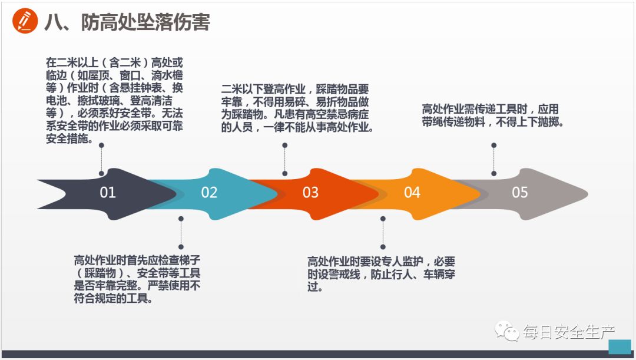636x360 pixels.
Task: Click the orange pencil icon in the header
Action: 24,22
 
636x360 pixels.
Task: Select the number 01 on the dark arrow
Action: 108,193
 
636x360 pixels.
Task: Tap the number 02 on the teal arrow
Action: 209,193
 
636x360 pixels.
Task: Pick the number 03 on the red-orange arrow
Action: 310,193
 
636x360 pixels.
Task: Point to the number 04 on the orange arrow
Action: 412,193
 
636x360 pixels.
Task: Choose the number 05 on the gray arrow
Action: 520,193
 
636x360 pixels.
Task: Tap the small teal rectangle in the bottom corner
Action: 620,347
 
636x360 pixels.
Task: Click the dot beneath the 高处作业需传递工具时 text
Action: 493,144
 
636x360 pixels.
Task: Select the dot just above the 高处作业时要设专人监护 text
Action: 383,246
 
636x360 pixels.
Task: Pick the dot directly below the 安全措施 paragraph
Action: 101,144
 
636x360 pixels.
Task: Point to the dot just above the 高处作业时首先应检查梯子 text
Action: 181,246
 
